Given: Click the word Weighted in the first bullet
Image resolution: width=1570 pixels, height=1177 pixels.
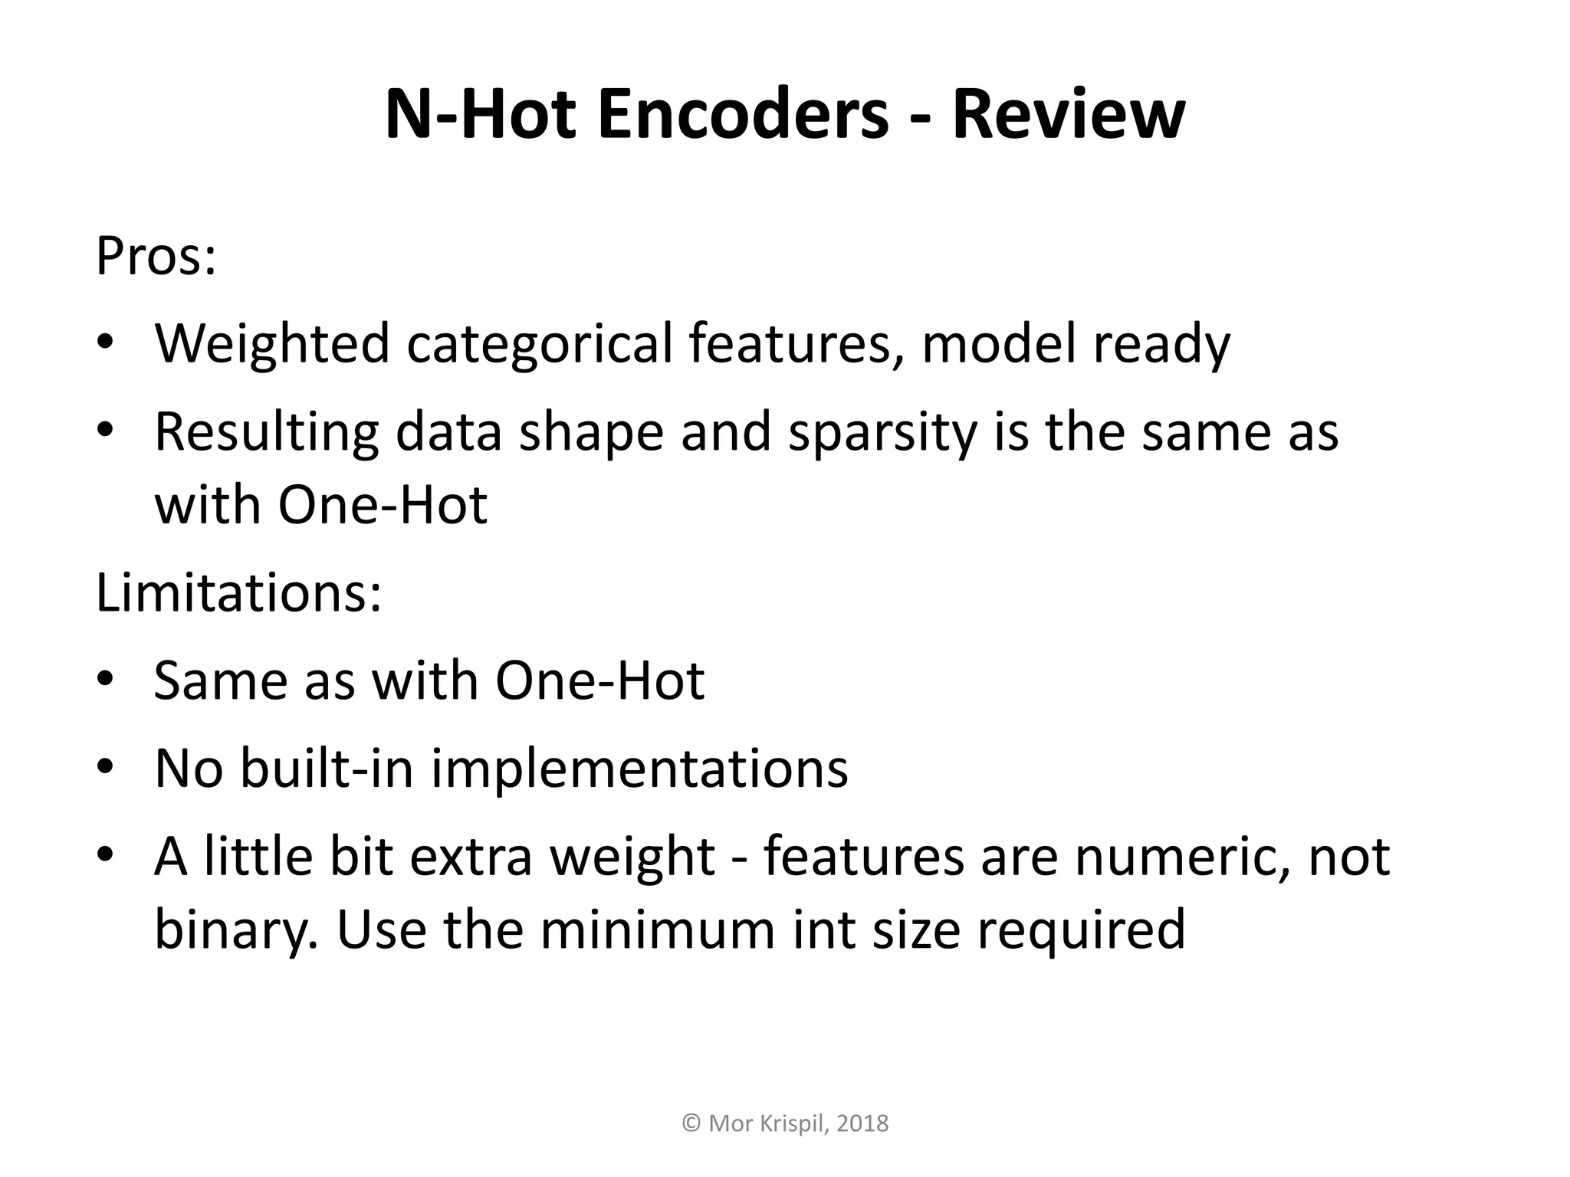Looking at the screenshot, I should [272, 344].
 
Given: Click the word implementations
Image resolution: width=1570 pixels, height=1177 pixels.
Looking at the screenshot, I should [639, 768].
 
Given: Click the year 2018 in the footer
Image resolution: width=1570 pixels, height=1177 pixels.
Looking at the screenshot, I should [862, 1123].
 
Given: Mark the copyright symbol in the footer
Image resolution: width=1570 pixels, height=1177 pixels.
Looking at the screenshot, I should [691, 1123].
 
